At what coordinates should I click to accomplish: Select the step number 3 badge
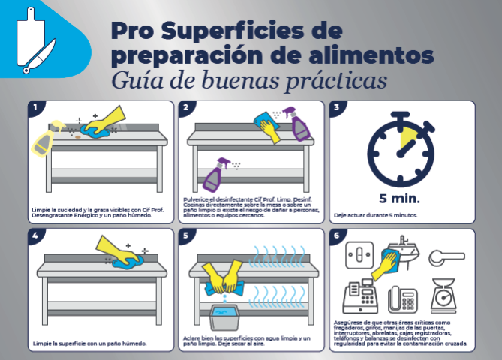pyautogui.click(x=337, y=107)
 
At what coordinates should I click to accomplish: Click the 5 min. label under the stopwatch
pyautogui.click(x=399, y=199)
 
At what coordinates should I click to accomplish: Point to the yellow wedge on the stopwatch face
pyautogui.click(x=408, y=137)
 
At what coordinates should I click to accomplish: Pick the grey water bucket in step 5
pyautogui.click(x=224, y=316)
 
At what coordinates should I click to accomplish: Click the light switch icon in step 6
pyautogui.click(x=359, y=255)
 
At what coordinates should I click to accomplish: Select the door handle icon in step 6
pyautogui.click(x=446, y=257)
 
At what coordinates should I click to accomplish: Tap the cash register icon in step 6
pyautogui.click(x=360, y=296)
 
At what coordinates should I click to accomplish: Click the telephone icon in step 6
pyautogui.click(x=403, y=299)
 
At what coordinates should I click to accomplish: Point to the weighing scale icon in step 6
pyautogui.click(x=443, y=295)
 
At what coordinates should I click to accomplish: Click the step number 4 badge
pyautogui.click(x=35, y=235)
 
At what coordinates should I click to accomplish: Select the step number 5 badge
pyautogui.click(x=185, y=235)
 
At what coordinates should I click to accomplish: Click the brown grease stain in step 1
pyautogui.click(x=78, y=137)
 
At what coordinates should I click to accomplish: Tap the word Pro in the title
pyautogui.click(x=132, y=31)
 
